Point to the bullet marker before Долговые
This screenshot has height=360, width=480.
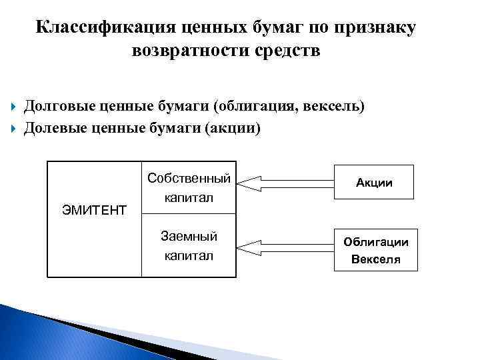[15, 107]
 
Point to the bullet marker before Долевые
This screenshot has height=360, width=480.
[15, 128]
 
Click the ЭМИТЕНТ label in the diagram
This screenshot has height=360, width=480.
[94, 211]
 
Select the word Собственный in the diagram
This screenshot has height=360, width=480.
[189, 179]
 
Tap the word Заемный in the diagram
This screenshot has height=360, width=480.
[189, 236]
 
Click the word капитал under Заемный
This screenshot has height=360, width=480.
[189, 255]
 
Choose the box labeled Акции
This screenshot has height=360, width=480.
[375, 182]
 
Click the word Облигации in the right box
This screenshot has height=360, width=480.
[376, 242]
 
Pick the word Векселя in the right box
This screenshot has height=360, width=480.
[376, 259]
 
